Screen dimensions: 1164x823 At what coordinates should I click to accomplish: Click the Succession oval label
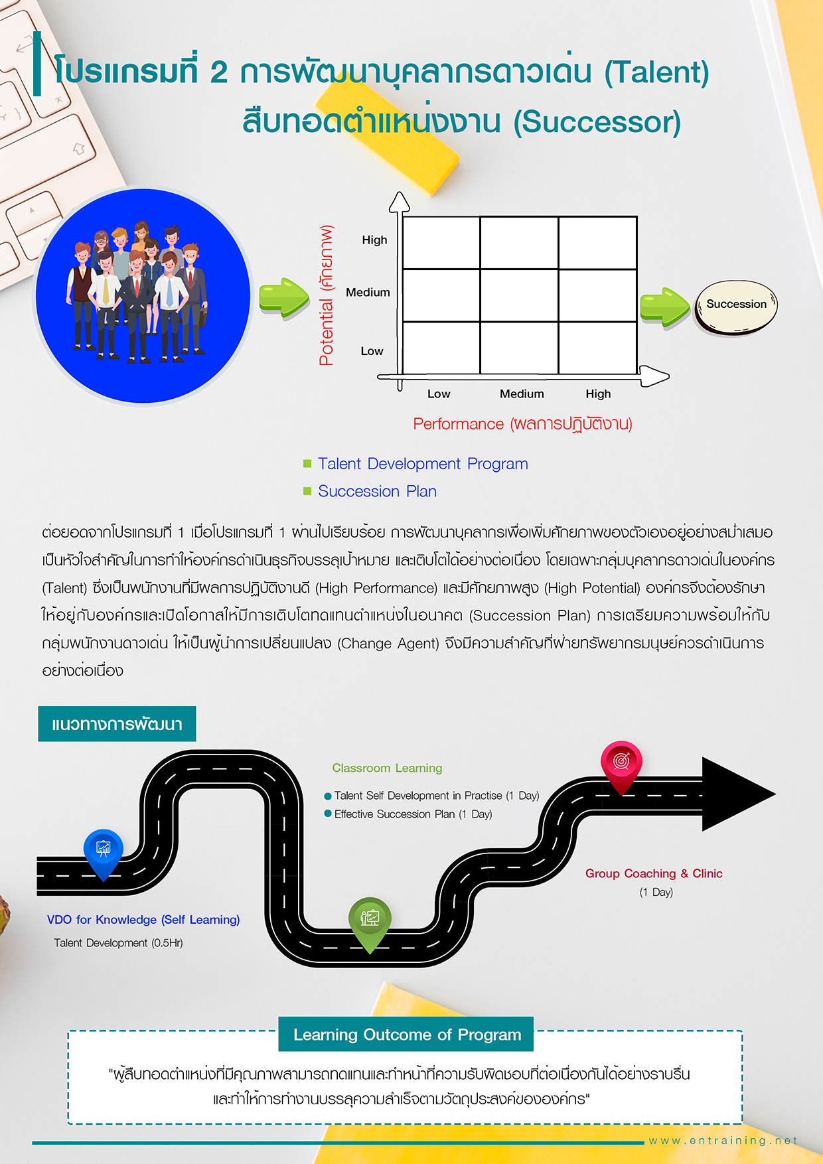[735, 305]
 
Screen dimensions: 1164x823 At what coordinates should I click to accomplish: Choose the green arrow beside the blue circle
[284, 298]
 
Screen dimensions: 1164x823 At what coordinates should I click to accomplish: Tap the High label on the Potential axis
[374, 240]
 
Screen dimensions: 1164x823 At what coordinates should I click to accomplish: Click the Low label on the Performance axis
[439, 394]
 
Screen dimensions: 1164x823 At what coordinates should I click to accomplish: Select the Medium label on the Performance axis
[522, 394]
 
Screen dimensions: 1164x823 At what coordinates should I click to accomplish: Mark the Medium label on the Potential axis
[368, 293]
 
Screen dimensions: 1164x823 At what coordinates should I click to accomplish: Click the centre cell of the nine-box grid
[519, 295]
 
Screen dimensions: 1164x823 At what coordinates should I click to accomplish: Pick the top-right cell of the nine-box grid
[597, 243]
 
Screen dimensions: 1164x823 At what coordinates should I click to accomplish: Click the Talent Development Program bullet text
[423, 464]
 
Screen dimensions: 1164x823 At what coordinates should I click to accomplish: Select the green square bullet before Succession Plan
[307, 491]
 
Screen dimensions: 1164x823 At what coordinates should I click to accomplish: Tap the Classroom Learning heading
[387, 768]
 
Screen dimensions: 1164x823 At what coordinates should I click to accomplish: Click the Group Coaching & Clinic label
[654, 874]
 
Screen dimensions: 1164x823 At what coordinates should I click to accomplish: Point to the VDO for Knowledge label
[143, 920]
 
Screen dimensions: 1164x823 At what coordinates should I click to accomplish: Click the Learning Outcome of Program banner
[406, 1035]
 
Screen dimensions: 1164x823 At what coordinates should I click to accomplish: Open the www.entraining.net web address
[723, 1141]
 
